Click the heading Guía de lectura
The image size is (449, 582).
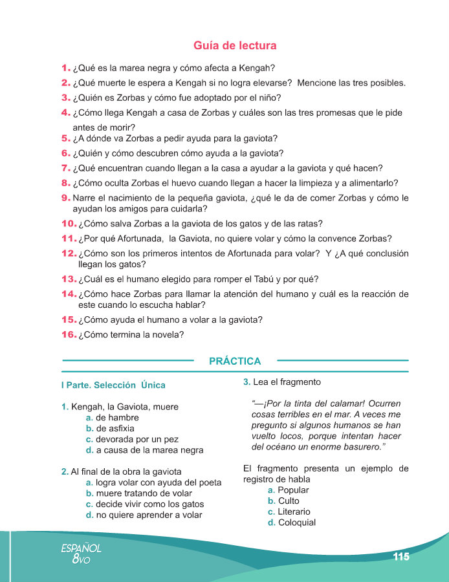coord(235,46)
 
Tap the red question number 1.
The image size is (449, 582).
coord(65,68)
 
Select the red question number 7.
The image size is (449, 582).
coord(65,167)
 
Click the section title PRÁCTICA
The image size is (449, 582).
coord(235,361)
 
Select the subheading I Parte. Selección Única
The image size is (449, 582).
coord(113,385)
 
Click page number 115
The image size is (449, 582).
coord(400,557)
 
